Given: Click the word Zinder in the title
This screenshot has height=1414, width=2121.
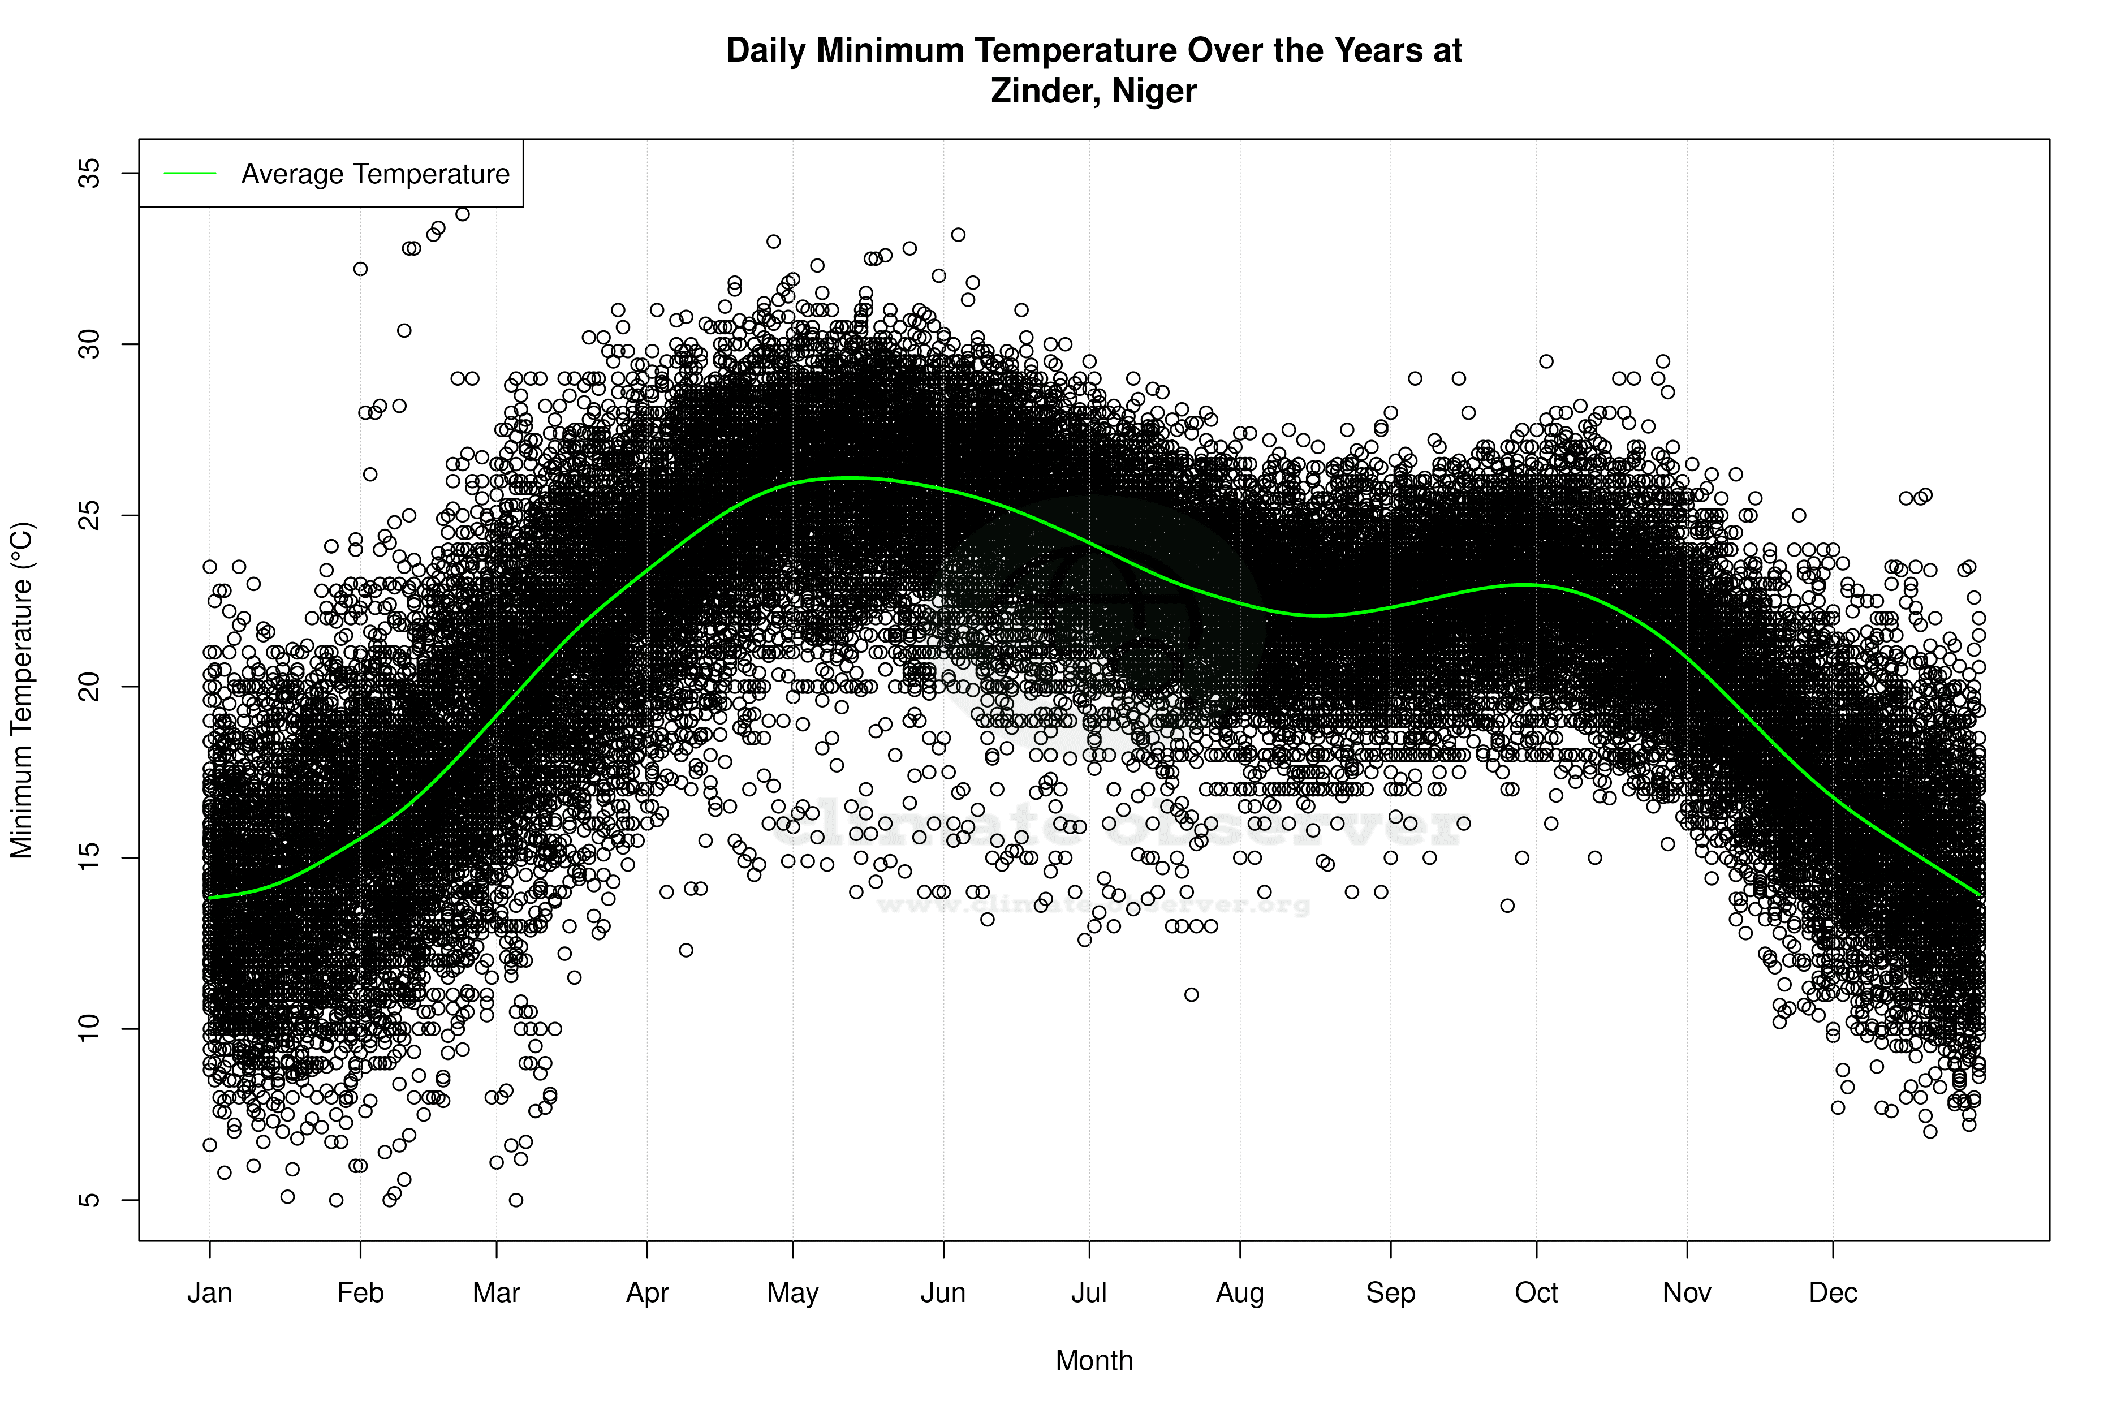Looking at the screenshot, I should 1042,91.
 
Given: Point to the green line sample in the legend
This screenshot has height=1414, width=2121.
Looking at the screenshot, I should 190,173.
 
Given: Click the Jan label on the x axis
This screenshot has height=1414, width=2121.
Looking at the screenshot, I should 209,1293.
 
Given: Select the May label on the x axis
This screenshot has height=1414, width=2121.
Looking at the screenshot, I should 792,1293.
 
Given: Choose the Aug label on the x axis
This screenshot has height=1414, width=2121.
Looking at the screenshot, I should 1240,1293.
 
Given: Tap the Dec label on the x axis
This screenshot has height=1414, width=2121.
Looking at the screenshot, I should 1833,1293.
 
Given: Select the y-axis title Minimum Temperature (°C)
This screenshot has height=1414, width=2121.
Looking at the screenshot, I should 21,690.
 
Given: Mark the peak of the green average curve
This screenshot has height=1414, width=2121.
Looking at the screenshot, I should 852,477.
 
